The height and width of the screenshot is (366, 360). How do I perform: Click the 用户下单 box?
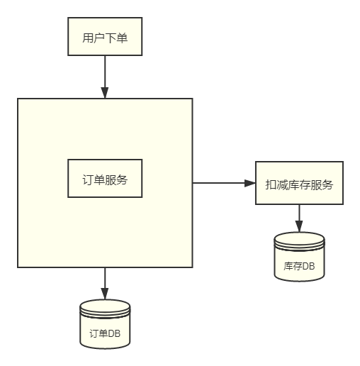click(105, 37)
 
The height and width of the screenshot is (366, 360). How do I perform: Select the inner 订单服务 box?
click(105, 178)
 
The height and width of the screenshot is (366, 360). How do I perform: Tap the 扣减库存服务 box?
click(299, 184)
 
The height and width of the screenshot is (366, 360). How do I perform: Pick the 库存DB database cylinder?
click(299, 257)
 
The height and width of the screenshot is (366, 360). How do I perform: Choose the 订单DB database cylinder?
click(105, 324)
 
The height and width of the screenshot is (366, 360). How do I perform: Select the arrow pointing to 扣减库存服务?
click(223, 183)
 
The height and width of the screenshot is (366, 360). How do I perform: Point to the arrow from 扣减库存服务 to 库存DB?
click(299, 218)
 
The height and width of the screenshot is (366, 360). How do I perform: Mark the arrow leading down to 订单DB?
click(105, 284)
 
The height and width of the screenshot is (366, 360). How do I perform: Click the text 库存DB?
click(299, 267)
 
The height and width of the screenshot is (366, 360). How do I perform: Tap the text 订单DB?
click(105, 333)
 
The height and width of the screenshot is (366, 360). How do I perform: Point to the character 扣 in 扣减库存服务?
click(271, 184)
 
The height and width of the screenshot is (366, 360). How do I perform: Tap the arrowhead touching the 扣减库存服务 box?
click(250, 183)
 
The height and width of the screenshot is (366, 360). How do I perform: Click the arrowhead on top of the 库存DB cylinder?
click(299, 227)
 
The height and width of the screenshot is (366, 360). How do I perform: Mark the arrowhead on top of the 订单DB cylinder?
click(105, 294)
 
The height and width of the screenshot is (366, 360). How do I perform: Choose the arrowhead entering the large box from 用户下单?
click(105, 93)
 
